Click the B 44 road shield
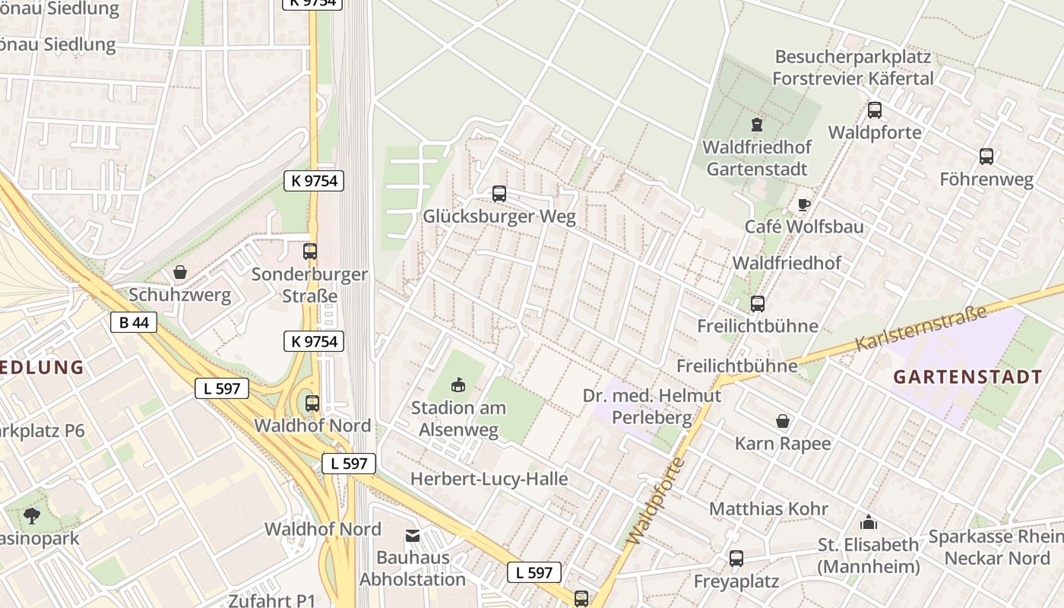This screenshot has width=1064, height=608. [x=134, y=322]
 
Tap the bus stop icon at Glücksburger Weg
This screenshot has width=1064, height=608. [x=499, y=194]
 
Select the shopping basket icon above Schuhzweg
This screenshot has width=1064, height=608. [x=180, y=271]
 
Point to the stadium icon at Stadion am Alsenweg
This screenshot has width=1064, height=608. [x=458, y=385]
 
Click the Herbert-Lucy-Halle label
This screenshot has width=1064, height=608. [x=489, y=479]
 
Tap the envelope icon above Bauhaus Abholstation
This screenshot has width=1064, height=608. [x=413, y=536]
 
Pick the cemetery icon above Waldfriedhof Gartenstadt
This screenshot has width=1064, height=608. [x=756, y=124]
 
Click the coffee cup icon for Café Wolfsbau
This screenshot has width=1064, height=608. [x=803, y=204]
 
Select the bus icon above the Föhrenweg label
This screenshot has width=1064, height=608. [x=986, y=157]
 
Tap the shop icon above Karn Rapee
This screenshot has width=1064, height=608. [x=783, y=420]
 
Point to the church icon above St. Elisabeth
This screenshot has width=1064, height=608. [x=868, y=522]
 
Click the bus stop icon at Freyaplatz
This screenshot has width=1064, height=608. [x=736, y=559]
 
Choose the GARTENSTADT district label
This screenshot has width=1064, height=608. [x=967, y=377]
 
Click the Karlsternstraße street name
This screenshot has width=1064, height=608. [x=920, y=328]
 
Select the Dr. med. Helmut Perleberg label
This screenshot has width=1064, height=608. [x=652, y=407]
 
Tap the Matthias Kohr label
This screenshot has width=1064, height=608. [x=768, y=508]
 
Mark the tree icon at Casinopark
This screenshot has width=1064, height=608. [x=32, y=516]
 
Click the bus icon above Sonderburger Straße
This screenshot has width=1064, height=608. [x=309, y=252]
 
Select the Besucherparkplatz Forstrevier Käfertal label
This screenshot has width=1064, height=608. [x=853, y=68]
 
